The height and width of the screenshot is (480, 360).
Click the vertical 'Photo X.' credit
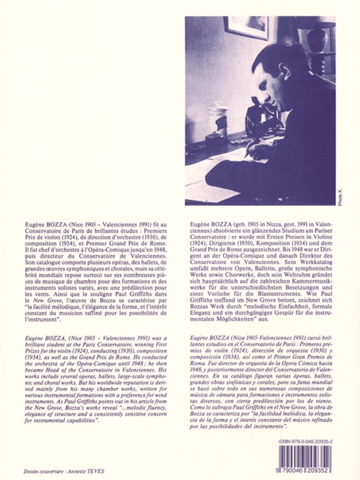[340, 197]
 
